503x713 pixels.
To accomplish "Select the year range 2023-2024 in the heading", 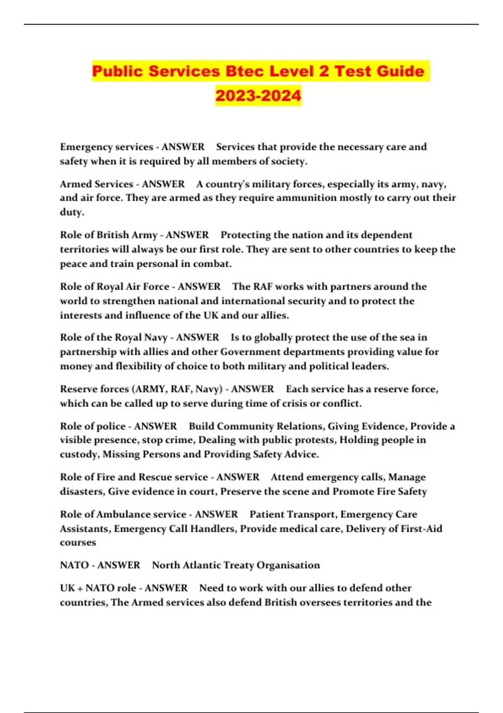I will tap(258, 95).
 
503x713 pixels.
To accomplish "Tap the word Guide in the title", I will tap(400, 71).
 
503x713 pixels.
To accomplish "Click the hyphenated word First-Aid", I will tap(421, 529).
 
